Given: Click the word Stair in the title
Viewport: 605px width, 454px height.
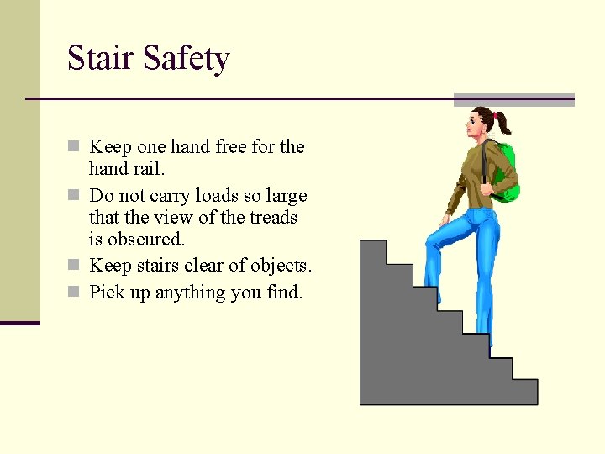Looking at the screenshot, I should coord(101,59).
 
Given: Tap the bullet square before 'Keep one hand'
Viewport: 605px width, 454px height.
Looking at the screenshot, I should coord(74,147).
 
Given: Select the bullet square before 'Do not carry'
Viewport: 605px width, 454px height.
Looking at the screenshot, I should coord(74,196).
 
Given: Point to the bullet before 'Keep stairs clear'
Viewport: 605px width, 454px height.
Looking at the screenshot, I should coord(74,266).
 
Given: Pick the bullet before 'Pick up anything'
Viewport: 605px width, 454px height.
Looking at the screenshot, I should coord(74,293).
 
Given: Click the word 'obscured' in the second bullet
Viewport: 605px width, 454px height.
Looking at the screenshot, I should coord(145,240).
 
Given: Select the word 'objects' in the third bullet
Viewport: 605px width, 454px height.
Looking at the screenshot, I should coord(278,267).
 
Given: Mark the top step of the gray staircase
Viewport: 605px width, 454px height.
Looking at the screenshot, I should coord(373,249).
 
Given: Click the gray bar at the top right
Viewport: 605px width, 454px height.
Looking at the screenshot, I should coord(513,100).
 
